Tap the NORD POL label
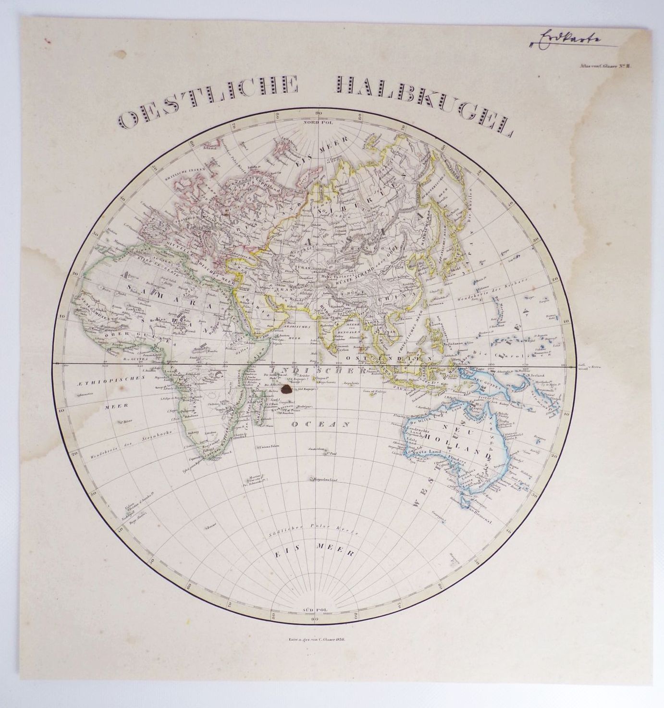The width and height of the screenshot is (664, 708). [315, 122]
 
